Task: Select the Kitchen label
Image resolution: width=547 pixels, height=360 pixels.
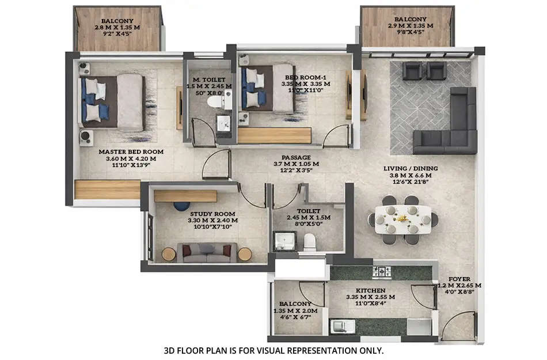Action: point(370,290)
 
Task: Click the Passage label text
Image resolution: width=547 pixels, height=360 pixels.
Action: point(296,157)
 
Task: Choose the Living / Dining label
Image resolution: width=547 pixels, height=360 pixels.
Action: point(411,169)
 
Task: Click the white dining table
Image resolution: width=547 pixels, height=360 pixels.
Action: point(403,219)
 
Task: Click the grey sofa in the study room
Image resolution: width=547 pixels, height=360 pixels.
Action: point(207,252)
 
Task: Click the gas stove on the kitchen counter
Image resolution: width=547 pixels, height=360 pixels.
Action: point(382,271)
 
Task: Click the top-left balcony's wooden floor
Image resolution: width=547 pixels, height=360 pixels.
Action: point(117,37)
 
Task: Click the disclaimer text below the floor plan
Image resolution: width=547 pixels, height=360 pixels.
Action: point(273,350)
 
